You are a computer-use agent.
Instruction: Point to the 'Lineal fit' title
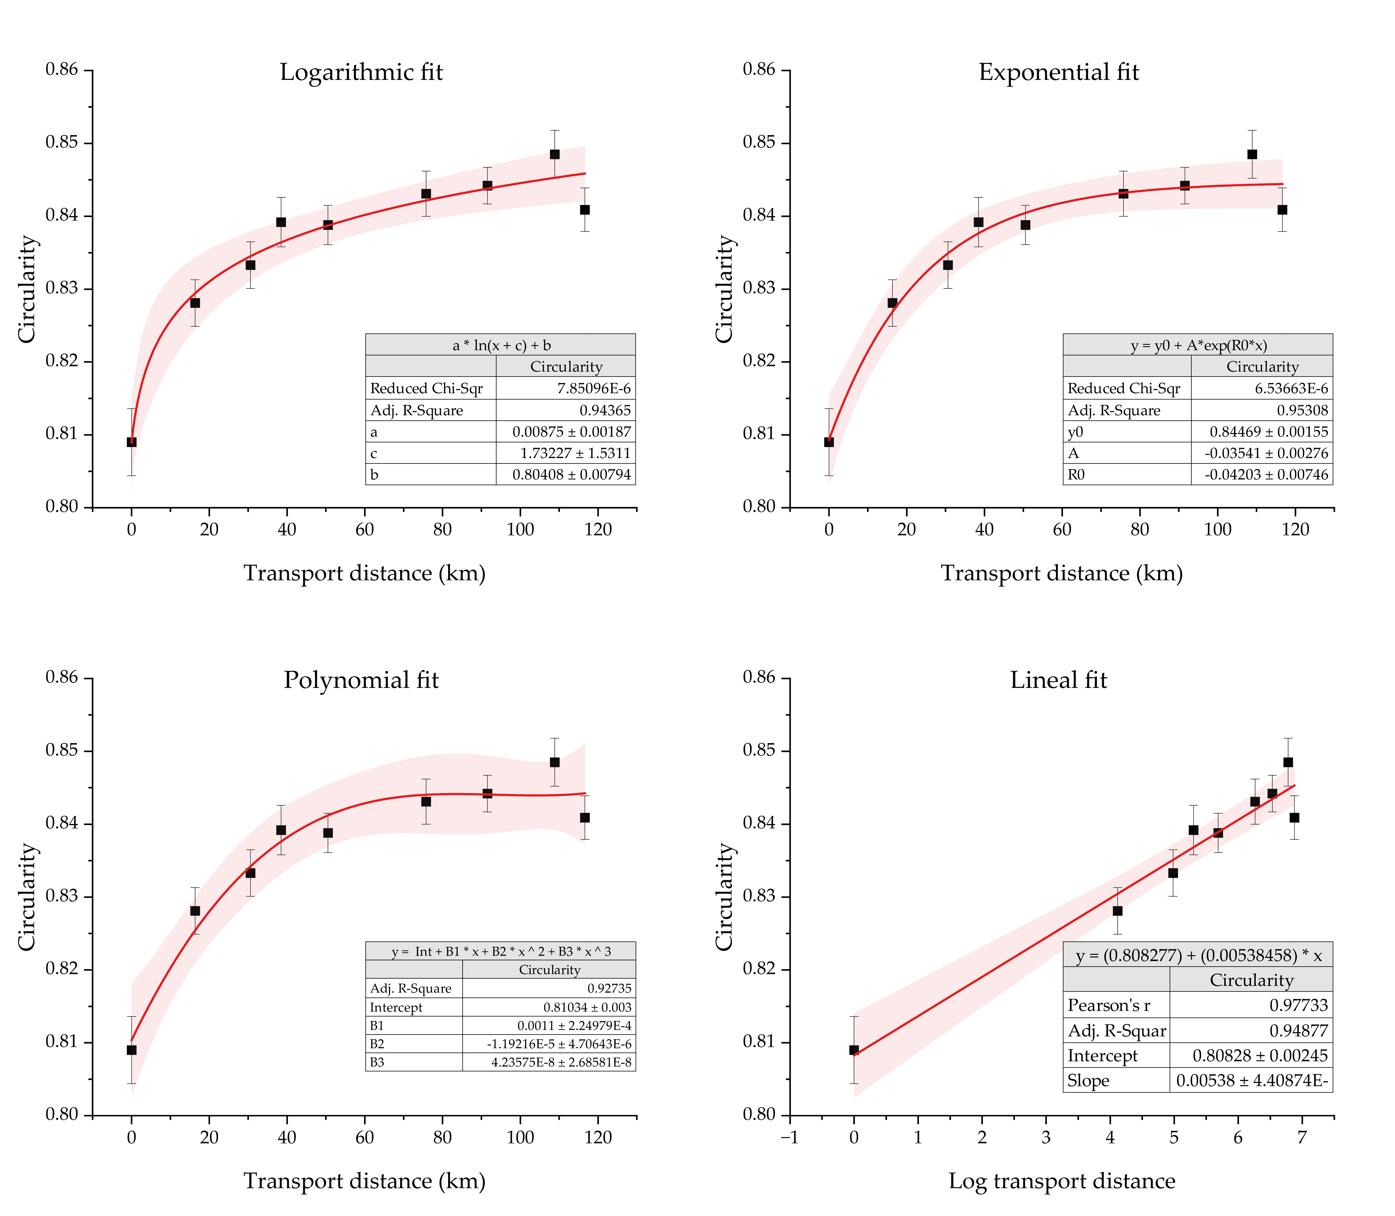[1059, 680]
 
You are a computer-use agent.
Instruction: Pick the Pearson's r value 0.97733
[1299, 1005]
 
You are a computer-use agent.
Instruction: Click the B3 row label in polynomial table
[377, 1062]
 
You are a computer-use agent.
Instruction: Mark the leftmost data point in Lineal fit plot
[854, 1050]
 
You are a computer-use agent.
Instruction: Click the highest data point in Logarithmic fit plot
[554, 154]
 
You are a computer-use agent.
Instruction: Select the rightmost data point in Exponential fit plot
[1282, 210]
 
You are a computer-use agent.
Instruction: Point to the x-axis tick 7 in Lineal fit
[1301, 1137]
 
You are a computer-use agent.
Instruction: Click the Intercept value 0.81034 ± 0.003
[587, 1007]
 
